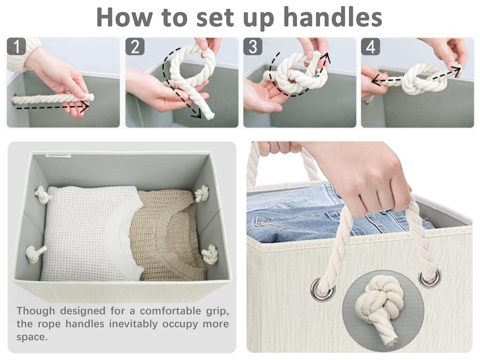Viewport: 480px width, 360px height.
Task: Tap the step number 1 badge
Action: tap(17, 48)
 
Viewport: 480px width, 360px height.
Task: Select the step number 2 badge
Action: tap(135, 47)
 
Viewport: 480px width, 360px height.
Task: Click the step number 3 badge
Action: tap(253, 47)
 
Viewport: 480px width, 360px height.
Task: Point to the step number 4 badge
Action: tap(371, 47)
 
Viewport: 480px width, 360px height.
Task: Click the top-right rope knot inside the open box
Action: tap(202, 193)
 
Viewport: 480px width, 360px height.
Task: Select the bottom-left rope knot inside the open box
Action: tap(35, 253)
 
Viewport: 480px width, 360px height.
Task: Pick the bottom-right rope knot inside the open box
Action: tap(210, 254)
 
